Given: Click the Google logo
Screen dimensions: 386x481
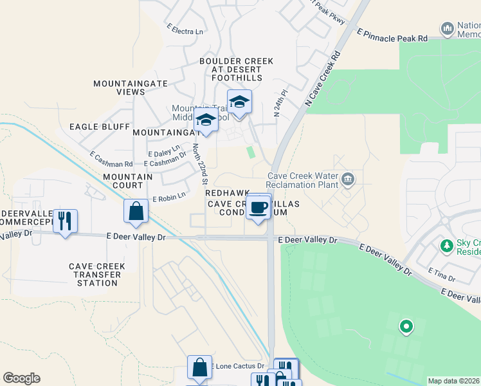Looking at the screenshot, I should click(x=21, y=378).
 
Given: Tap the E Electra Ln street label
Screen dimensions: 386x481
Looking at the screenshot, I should click(x=185, y=29).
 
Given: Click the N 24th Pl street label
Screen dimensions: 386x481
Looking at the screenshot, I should click(x=278, y=104).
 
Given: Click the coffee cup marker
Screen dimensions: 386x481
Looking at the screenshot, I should click(x=259, y=208).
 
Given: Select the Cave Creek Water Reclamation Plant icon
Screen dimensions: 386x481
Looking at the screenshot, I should click(x=347, y=178).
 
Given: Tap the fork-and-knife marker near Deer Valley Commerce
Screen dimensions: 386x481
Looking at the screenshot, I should click(x=65, y=221).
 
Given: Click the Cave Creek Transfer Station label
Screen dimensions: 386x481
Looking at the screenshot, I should click(x=96, y=274).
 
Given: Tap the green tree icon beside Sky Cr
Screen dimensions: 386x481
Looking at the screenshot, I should click(x=446, y=245).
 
